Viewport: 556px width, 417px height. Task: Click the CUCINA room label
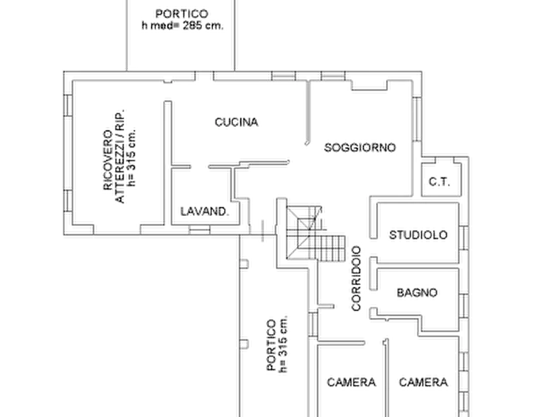click(236, 123)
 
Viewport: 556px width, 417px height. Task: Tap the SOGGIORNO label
click(360, 148)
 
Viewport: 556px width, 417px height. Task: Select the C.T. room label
click(440, 182)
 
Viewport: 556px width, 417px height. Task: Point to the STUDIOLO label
click(418, 235)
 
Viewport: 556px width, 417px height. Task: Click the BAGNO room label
click(417, 293)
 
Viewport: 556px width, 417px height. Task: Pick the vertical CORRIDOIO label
click(356, 278)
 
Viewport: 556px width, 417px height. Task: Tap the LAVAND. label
click(205, 212)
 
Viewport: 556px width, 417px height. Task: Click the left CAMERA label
click(351, 382)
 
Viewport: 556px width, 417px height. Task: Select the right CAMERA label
click(423, 382)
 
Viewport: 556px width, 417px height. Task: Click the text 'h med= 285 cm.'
click(182, 26)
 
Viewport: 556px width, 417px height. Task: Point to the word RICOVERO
click(108, 161)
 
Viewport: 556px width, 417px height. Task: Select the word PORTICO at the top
click(182, 14)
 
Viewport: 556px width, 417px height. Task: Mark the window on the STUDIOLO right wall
click(464, 238)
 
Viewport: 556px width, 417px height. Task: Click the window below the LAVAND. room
click(199, 230)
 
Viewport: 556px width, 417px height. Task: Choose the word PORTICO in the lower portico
click(271, 345)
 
